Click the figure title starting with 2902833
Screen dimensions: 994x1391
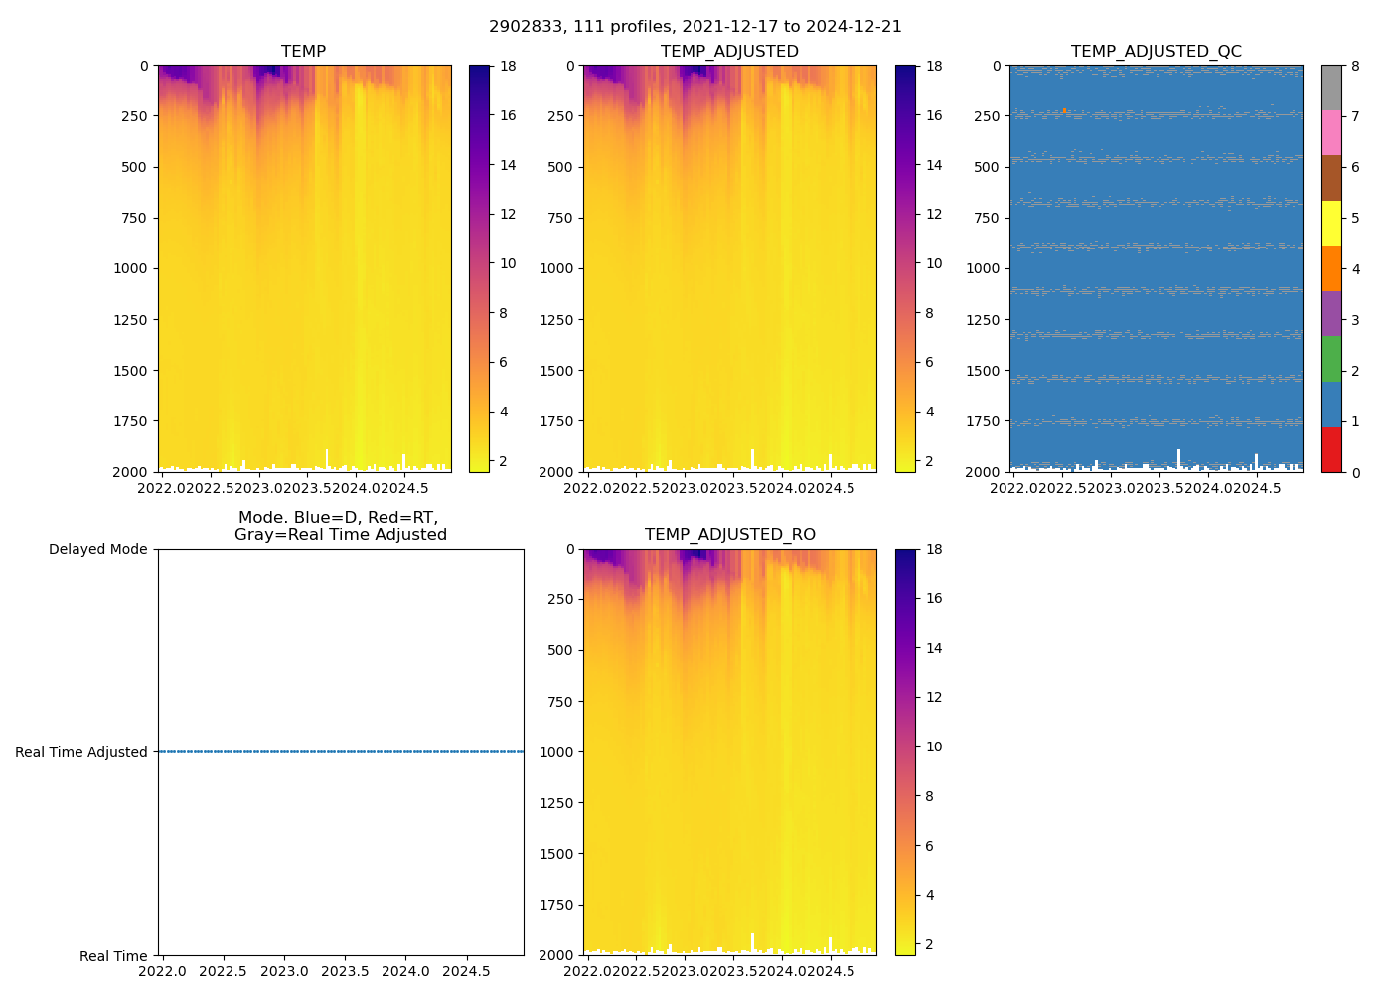point(695,27)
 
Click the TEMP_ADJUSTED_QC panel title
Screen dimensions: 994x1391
point(1156,52)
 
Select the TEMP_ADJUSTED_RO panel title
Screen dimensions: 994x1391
point(729,535)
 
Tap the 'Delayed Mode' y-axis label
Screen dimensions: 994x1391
point(97,549)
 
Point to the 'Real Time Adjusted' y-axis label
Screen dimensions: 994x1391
point(81,752)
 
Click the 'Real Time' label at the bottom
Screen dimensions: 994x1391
point(113,956)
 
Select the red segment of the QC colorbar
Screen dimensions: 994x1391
point(1331,449)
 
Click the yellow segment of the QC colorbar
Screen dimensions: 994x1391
point(1331,223)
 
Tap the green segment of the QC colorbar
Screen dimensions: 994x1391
point(1331,359)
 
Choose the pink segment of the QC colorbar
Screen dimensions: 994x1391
point(1331,132)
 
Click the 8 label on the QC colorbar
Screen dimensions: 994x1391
point(1355,66)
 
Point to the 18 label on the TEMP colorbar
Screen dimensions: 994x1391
point(508,66)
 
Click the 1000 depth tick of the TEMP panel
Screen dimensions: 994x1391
point(131,268)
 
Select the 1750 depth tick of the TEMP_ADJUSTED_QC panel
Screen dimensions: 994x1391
point(983,421)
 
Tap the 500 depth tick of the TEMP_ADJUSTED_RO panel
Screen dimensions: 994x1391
point(560,650)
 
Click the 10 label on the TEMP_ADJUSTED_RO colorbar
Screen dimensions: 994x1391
point(933,746)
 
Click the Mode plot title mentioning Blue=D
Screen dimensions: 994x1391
point(340,526)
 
